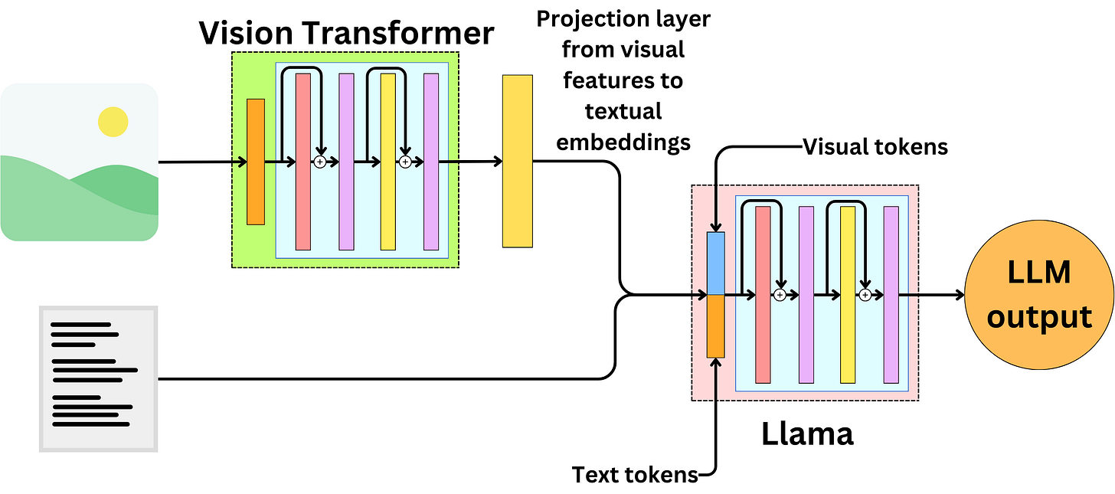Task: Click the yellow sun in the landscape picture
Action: pos(113,122)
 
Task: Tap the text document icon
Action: pos(98,378)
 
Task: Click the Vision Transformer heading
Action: pos(346,33)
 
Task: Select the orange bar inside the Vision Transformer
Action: pos(256,162)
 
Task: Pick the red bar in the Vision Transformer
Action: pos(303,162)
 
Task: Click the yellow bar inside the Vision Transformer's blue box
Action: pos(388,162)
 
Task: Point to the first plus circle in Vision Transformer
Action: pos(320,162)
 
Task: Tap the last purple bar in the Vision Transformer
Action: pos(431,162)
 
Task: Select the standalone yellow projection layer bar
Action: pos(517,161)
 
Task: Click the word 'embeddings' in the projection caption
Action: pos(623,142)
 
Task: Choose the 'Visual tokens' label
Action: pos(875,147)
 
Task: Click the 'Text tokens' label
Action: pos(635,475)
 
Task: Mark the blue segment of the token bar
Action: pos(715,263)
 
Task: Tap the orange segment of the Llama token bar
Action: pos(715,326)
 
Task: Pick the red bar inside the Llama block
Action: pos(763,295)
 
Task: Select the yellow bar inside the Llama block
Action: pos(848,295)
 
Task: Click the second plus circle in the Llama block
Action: pos(865,295)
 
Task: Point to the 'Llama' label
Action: pos(806,434)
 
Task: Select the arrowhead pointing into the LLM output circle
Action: pos(959,295)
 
